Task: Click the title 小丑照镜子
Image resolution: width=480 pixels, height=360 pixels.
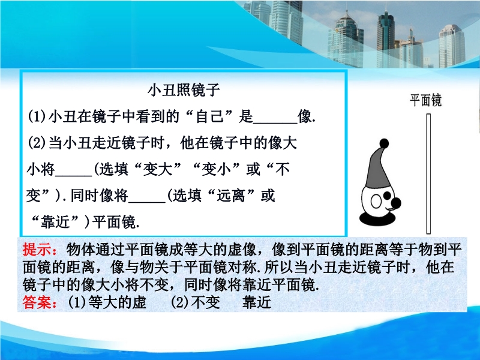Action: [x=184, y=90]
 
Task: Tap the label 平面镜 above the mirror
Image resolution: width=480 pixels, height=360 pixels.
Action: [x=425, y=100]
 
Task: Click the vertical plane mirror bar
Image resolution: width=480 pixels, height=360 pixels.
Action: [x=428, y=173]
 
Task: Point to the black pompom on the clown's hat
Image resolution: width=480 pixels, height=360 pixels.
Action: [x=384, y=143]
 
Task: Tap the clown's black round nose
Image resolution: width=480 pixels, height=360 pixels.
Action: [x=396, y=202]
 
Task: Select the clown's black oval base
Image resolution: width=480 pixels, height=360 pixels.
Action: [x=377, y=218]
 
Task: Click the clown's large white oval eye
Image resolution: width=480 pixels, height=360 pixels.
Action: [x=376, y=202]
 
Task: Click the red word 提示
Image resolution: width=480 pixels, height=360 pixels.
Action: [x=37, y=250]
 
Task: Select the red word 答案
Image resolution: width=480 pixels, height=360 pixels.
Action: [x=37, y=302]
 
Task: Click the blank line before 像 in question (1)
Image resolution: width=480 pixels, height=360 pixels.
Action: [x=275, y=123]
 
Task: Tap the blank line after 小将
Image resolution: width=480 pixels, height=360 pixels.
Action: [x=73, y=176]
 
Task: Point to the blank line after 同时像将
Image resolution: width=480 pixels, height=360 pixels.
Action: [x=147, y=202]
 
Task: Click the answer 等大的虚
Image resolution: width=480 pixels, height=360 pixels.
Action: [x=117, y=302]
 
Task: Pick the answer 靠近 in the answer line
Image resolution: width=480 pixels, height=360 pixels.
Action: [x=257, y=302]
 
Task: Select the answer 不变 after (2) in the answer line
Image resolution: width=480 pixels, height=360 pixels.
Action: [x=205, y=302]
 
